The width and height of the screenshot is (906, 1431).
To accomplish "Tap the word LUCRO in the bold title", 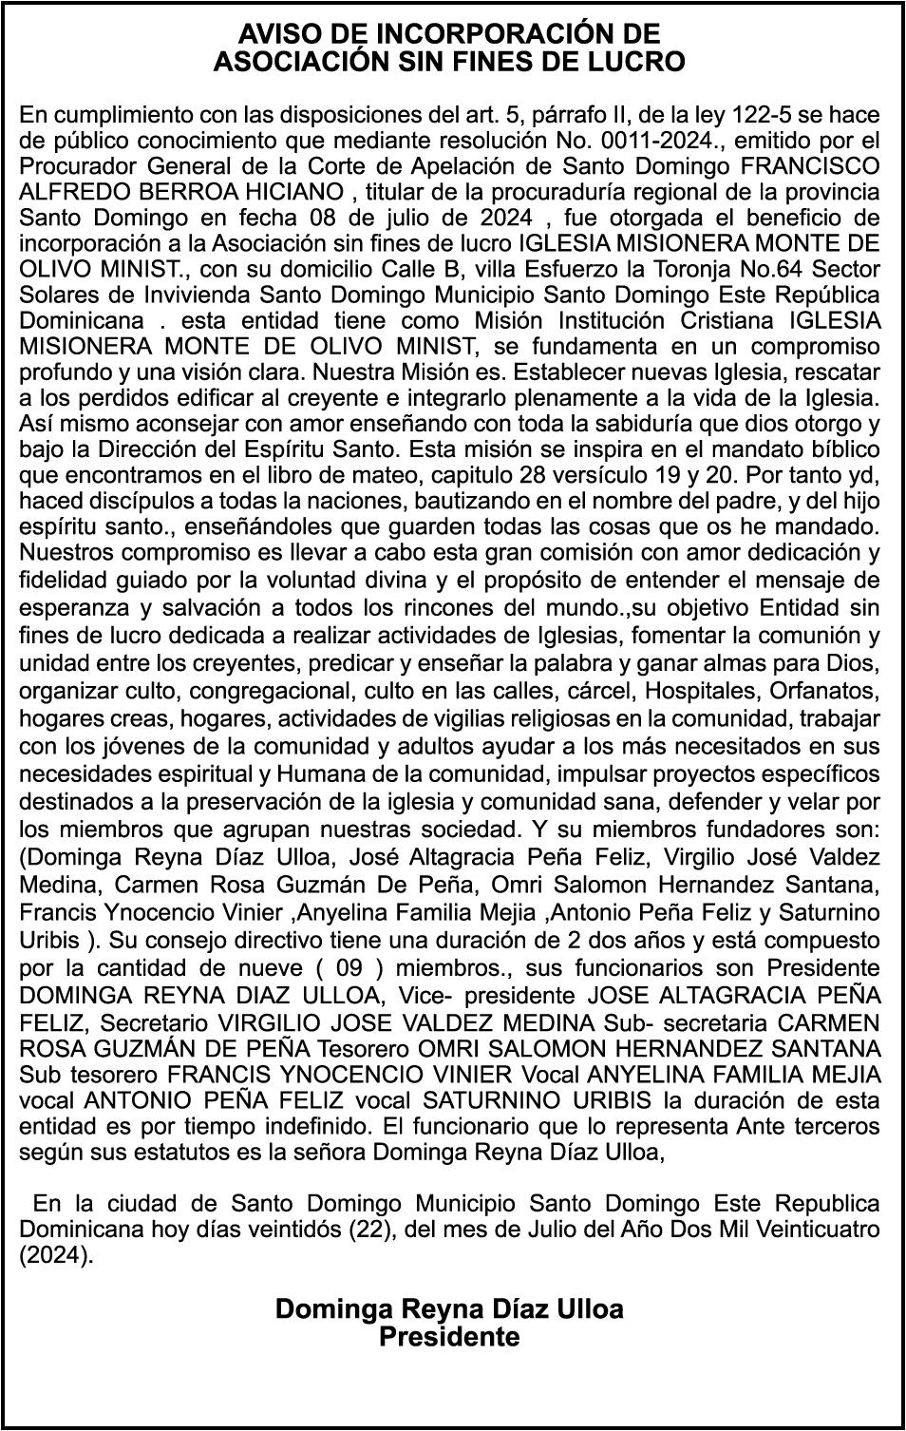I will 637,63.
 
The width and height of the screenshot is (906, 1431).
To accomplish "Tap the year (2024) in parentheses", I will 57,1254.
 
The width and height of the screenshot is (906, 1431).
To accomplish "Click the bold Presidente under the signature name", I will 449,1337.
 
